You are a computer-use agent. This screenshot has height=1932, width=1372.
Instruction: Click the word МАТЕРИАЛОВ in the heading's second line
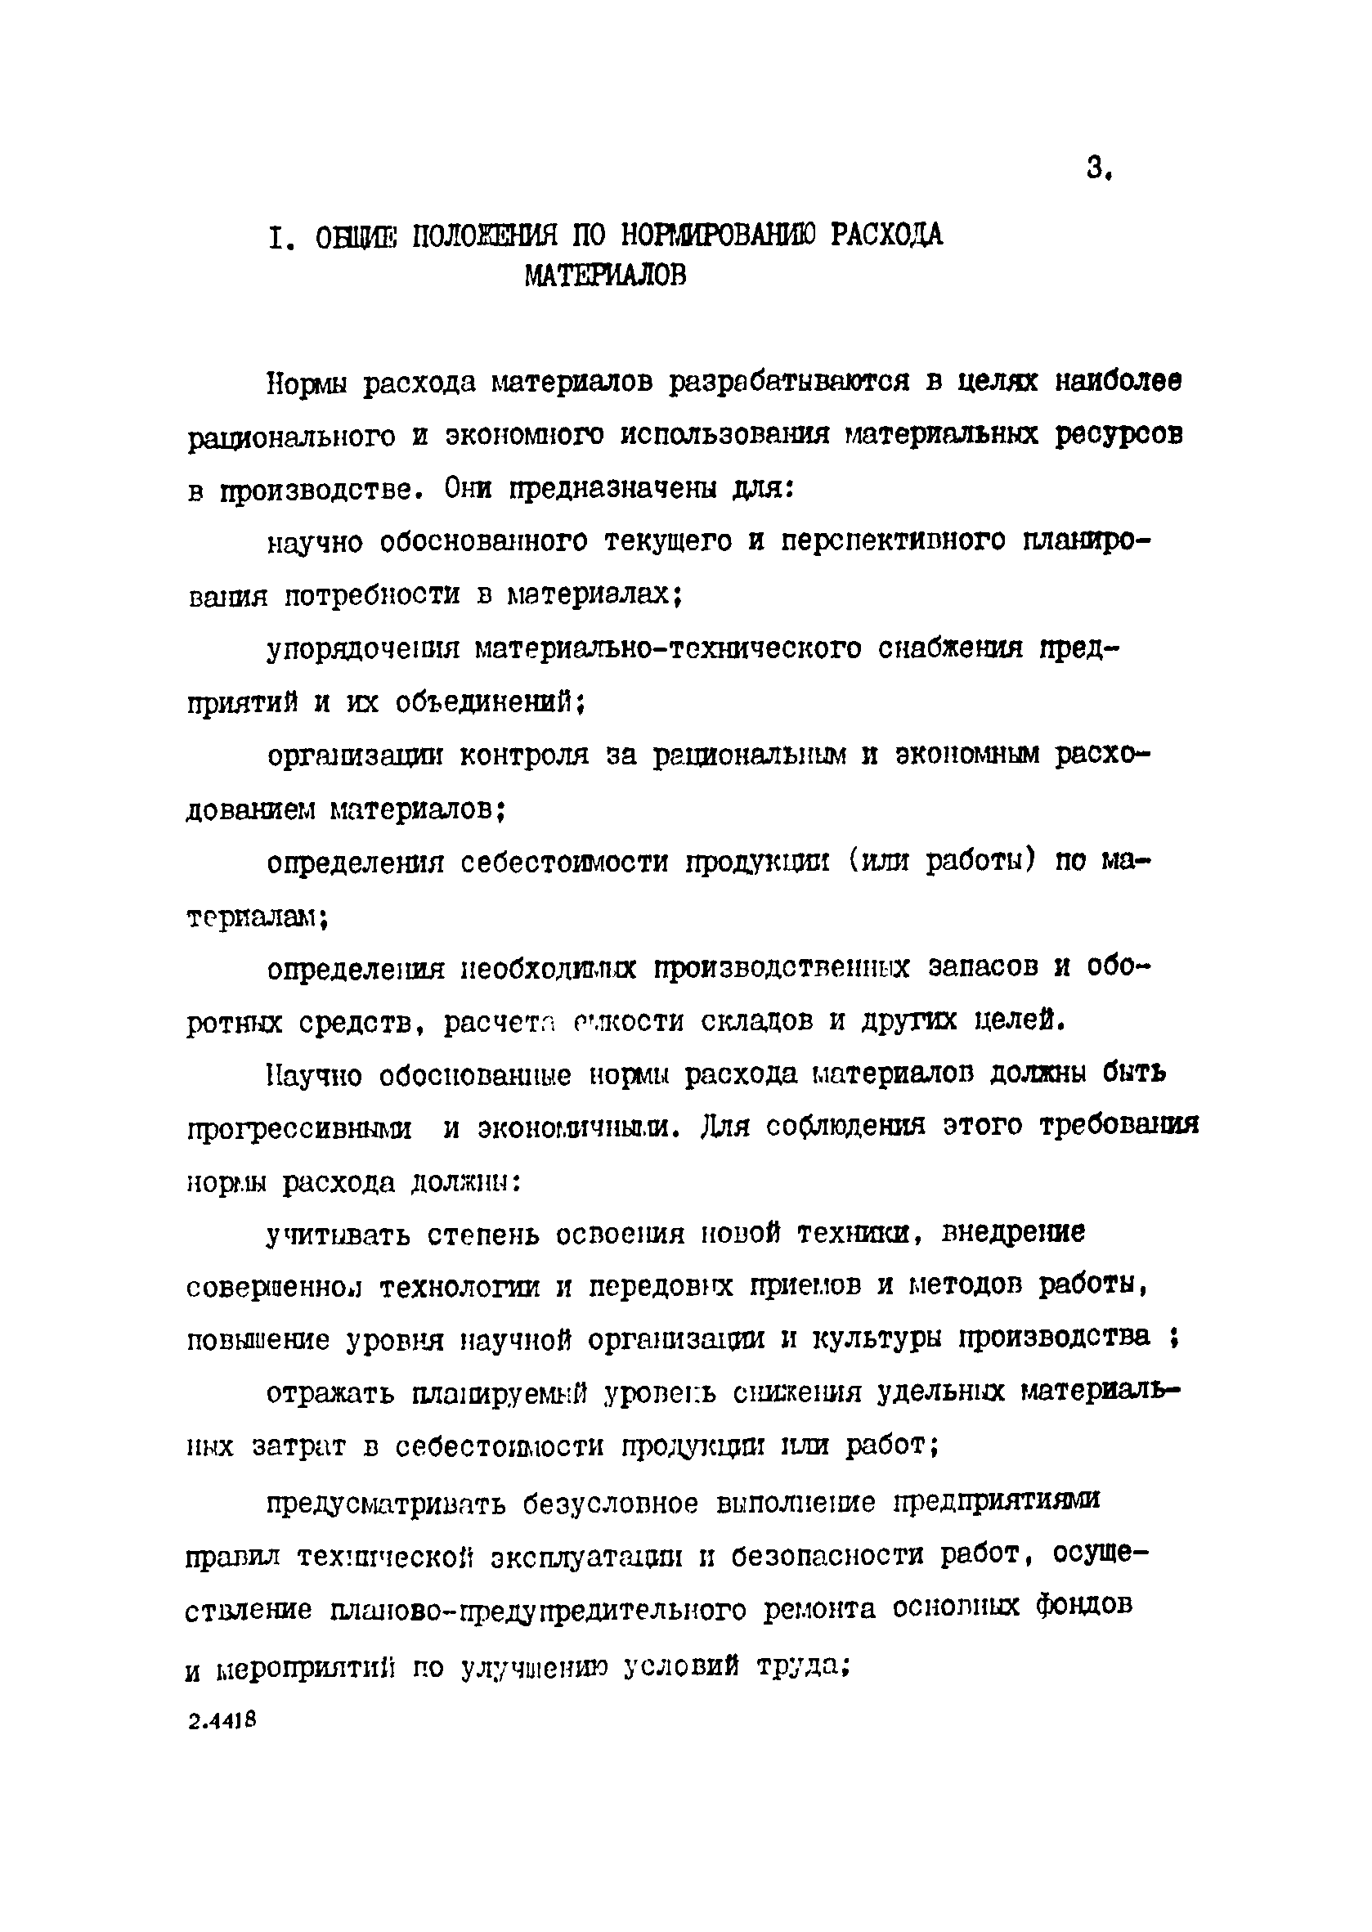[604, 276]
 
